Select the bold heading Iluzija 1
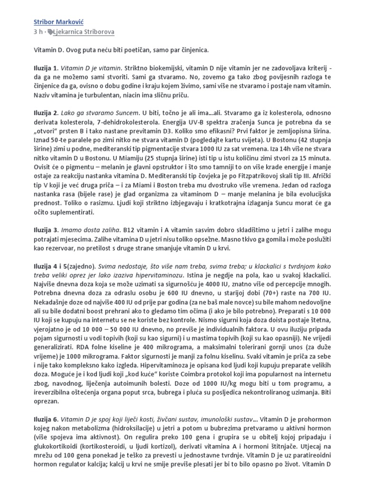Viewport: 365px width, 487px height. coord(47,63)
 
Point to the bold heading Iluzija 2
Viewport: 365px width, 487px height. coord(47,113)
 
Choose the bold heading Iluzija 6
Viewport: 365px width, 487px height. coord(47,421)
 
